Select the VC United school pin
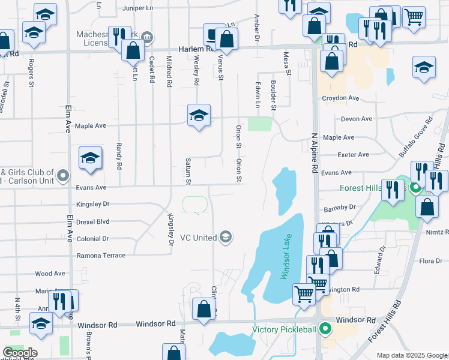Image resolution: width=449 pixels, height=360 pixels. (x=226, y=237)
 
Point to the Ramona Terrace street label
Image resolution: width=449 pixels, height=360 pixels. (x=101, y=256)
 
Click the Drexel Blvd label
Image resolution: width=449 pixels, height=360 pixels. (x=92, y=221)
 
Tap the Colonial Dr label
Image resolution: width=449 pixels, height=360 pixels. (x=93, y=238)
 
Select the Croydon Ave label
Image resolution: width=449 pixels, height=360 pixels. (x=340, y=98)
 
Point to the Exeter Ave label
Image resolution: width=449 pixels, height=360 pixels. (x=354, y=155)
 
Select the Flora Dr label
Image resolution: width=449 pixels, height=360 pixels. (x=430, y=260)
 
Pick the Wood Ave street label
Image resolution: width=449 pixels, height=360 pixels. (x=50, y=274)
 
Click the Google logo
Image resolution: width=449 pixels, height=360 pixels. (x=20, y=353)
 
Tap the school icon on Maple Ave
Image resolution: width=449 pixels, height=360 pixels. (x=199, y=115)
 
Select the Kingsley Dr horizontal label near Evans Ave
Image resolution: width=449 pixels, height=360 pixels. (x=93, y=204)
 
